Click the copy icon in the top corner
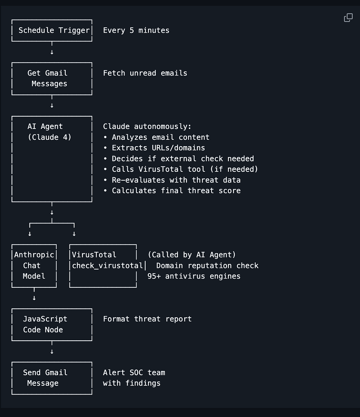[x=348, y=18]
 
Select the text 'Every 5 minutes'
[x=136, y=30]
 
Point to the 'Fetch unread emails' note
[x=145, y=73]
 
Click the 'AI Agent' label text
[x=45, y=126]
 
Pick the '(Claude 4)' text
[x=50, y=137]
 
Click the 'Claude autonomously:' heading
[x=147, y=126]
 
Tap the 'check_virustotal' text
[x=108, y=266]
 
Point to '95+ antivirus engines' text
[x=194, y=276]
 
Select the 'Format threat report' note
[x=147, y=319]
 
